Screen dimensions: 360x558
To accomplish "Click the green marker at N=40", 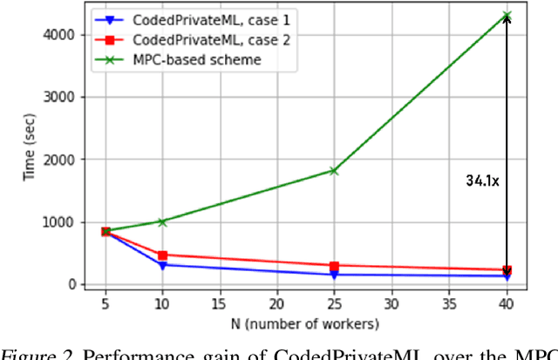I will click(507, 16).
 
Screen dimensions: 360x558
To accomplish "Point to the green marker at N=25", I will click(334, 171).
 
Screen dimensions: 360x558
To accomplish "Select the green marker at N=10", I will click(162, 221).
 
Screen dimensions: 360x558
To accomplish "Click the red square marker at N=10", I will click(162, 255).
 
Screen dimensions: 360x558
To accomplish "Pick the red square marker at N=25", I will click(334, 266).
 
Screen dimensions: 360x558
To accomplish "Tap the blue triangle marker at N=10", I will click(162, 265).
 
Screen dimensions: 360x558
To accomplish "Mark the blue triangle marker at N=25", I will click(334, 275).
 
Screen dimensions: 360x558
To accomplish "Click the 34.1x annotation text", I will click(481, 182).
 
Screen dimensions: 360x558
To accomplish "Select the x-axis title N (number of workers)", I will click(305, 324).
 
